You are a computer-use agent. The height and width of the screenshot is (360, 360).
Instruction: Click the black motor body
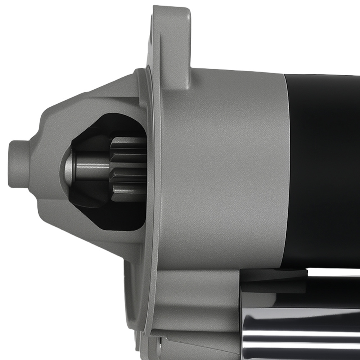324,169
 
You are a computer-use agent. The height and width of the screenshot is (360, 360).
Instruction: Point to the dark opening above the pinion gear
115,124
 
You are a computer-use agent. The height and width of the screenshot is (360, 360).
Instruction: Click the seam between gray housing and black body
286,169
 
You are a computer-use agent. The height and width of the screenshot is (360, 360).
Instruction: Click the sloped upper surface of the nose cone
86,101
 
